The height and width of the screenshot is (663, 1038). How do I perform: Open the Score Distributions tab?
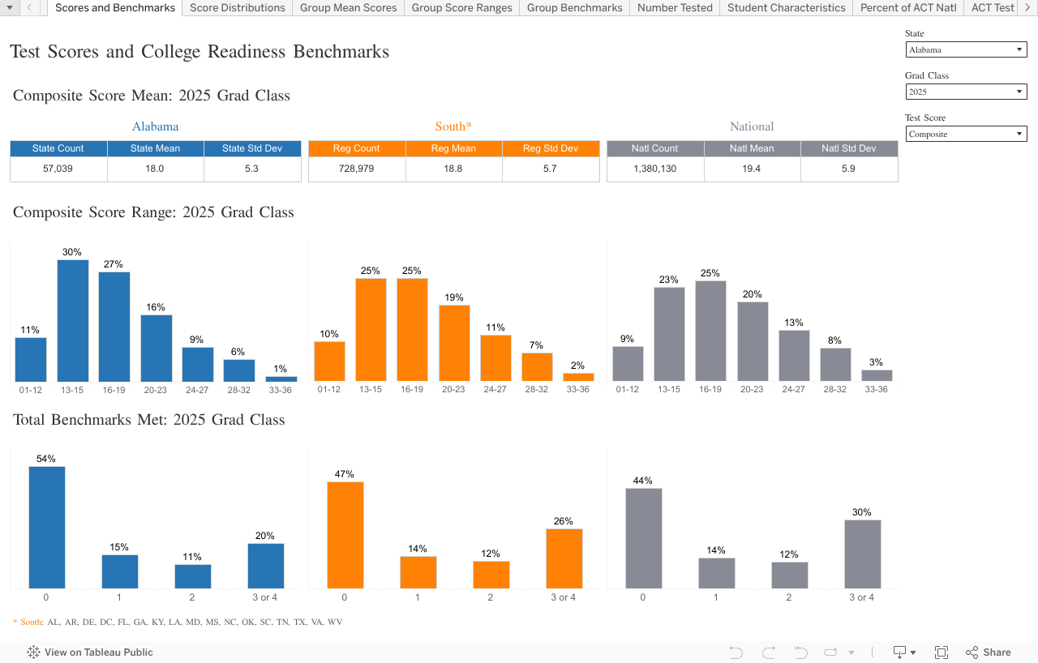click(x=238, y=8)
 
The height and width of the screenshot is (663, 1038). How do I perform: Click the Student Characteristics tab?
click(x=786, y=8)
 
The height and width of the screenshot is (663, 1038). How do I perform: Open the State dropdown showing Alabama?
click(x=966, y=49)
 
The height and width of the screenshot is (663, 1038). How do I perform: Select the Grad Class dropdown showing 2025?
click(x=966, y=92)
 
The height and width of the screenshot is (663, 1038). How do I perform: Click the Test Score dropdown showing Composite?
click(x=966, y=134)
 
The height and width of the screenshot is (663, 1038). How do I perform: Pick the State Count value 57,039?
click(x=58, y=169)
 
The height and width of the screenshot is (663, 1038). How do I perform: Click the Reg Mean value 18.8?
click(x=453, y=169)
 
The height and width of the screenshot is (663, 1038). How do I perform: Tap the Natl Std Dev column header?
click(x=848, y=148)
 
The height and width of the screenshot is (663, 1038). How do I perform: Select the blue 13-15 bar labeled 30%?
click(x=72, y=321)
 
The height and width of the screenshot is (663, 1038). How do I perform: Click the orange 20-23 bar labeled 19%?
click(x=454, y=343)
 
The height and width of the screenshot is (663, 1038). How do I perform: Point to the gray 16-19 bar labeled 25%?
click(x=710, y=331)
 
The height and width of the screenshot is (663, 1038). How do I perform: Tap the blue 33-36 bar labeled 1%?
click(x=281, y=379)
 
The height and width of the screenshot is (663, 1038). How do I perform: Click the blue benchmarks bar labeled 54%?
click(x=46, y=527)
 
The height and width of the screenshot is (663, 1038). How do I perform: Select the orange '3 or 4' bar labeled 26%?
click(x=564, y=558)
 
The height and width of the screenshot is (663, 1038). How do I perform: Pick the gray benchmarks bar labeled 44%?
click(x=643, y=538)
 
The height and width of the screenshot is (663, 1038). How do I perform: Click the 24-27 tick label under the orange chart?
click(x=495, y=390)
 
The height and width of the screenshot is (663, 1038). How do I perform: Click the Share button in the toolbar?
click(x=989, y=652)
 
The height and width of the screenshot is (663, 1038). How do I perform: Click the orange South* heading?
click(x=453, y=126)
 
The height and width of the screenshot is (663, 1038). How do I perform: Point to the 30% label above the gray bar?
click(x=861, y=512)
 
